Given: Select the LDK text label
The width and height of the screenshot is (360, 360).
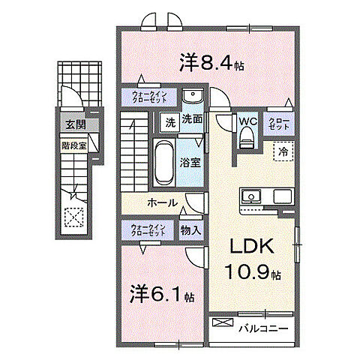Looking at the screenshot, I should [x=250, y=247].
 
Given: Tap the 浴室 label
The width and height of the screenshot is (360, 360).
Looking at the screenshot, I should [x=189, y=162].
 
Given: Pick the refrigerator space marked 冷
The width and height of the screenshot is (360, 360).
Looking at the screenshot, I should [x=283, y=152].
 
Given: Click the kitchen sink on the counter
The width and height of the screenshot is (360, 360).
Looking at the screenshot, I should [x=250, y=196].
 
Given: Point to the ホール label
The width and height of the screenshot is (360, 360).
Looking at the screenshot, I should [x=162, y=202].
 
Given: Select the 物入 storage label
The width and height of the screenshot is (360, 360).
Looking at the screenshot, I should [x=190, y=230].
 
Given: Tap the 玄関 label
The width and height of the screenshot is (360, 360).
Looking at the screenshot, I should [x=72, y=125].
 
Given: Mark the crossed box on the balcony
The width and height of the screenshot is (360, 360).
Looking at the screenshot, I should [x=223, y=323].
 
